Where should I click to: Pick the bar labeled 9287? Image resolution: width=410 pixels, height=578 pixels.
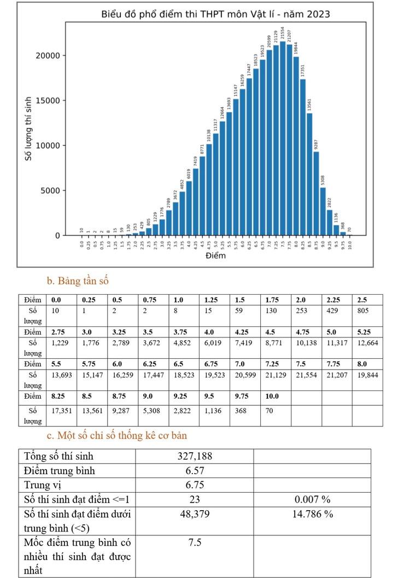point(316,194)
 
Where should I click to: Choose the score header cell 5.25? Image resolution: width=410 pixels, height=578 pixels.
point(363,331)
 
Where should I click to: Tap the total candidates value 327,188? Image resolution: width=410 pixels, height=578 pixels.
point(195,456)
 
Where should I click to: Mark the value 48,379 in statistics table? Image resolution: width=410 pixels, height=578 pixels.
point(195,513)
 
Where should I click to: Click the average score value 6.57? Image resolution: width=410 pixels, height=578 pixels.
point(195,470)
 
